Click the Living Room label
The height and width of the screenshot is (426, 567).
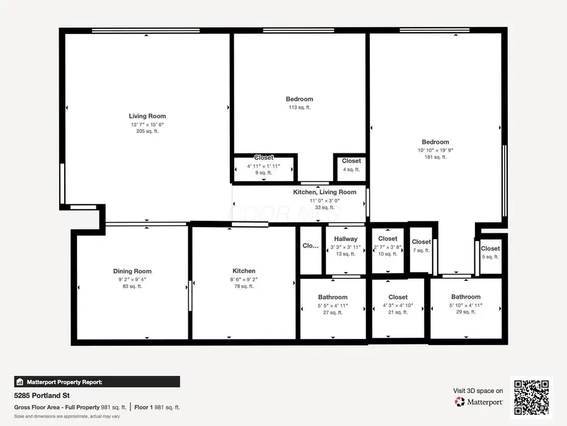[147, 116]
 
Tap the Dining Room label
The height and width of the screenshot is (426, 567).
[132, 271]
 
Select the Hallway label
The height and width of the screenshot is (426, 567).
[346, 239]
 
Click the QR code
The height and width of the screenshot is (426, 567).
[531, 398]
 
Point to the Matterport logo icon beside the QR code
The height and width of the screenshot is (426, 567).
[460, 401]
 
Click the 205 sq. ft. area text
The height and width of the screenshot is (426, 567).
[147, 131]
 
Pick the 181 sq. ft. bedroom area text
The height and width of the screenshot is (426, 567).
[435, 157]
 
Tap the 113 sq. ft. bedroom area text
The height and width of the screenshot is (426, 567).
[299, 107]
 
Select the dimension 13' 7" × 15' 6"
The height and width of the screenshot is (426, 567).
[147, 124]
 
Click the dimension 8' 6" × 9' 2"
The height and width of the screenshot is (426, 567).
[244, 279]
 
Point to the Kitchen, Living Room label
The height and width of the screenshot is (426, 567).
[324, 192]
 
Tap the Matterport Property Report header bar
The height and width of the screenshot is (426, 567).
[97, 382]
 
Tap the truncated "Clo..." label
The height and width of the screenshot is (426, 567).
[311, 246]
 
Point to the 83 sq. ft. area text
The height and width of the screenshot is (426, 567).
[132, 287]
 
